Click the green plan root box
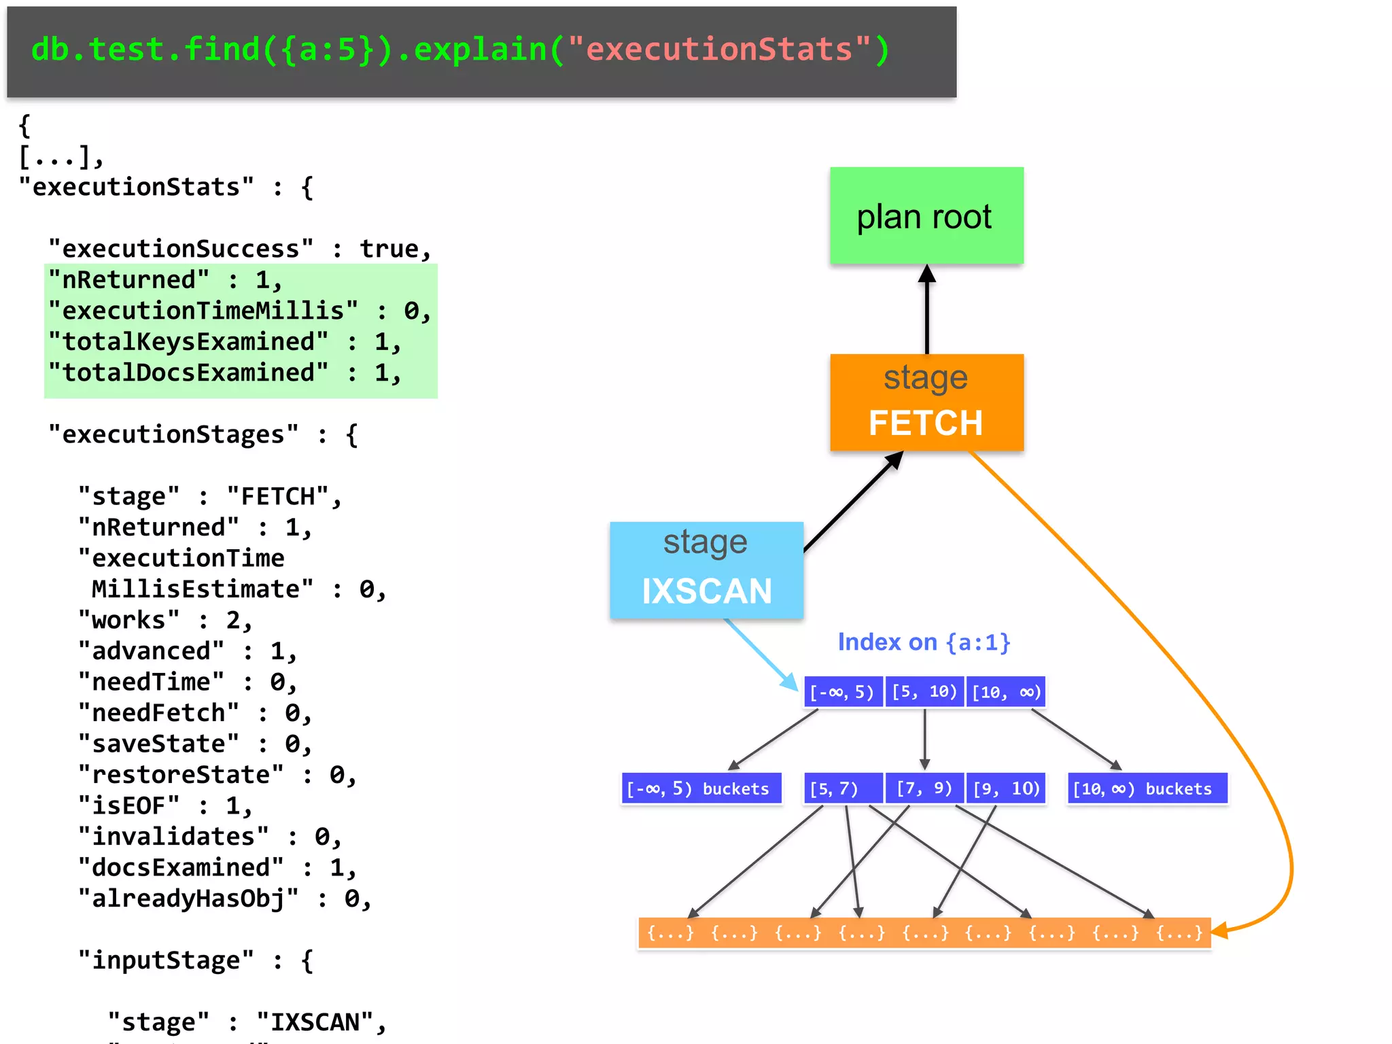click(x=926, y=215)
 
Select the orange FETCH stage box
click(x=926, y=402)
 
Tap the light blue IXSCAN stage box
click(x=706, y=570)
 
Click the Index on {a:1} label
click(x=923, y=642)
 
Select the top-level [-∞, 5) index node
click(x=843, y=692)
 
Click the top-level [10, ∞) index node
click(x=1006, y=692)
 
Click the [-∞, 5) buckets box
click(x=701, y=788)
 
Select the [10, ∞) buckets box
click(x=1147, y=788)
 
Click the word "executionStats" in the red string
click(x=718, y=50)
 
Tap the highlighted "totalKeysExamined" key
click(x=188, y=342)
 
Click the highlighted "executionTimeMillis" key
click(x=203, y=311)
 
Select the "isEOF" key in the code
click(x=129, y=805)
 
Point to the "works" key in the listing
click(x=129, y=620)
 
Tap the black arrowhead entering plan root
click(x=926, y=273)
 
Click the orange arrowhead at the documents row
click(x=1220, y=930)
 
